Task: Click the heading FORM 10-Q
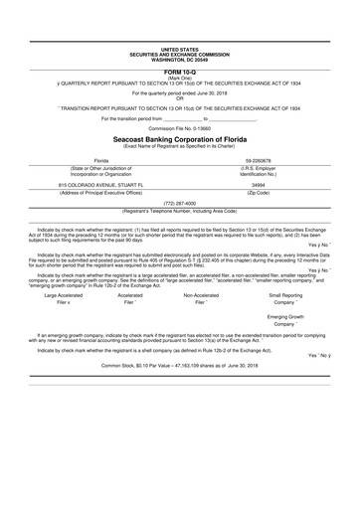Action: [180, 72]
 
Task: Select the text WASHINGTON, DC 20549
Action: [180, 59]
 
